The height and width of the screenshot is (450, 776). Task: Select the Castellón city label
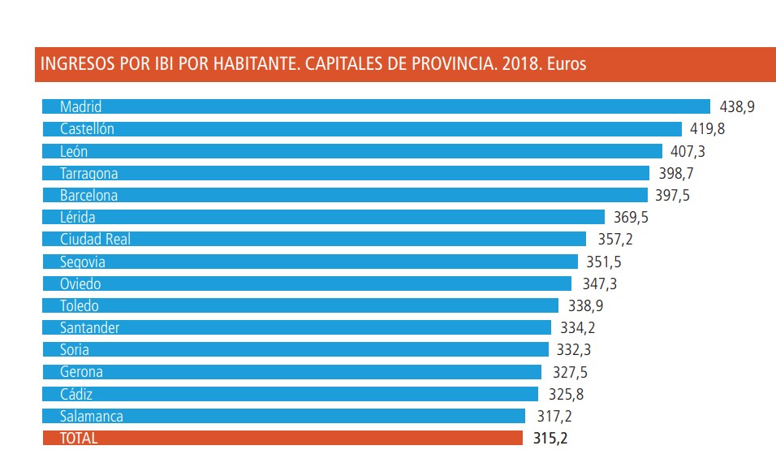click(x=87, y=128)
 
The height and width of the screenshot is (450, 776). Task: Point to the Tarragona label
click(x=89, y=173)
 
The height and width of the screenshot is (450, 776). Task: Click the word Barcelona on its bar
click(x=88, y=195)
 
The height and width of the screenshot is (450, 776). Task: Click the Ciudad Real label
click(x=95, y=240)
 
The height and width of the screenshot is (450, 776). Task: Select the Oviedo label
click(x=80, y=284)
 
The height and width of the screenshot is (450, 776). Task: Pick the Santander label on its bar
click(x=89, y=328)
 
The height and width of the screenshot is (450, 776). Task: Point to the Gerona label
click(x=81, y=372)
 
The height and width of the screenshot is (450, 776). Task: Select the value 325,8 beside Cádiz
click(x=565, y=395)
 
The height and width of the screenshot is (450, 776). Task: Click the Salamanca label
click(x=92, y=417)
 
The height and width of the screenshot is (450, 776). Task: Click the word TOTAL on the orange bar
click(x=79, y=439)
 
